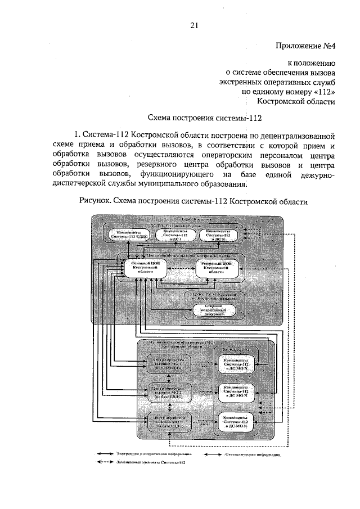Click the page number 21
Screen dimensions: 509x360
pos(195,25)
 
